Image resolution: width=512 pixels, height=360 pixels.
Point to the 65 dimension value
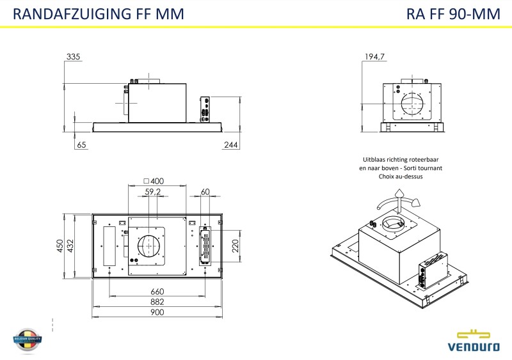[81, 146]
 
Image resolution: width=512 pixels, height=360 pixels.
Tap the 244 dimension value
[231, 146]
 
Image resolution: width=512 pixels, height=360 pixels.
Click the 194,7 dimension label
[374, 58]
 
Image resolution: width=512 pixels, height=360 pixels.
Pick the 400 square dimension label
[154, 182]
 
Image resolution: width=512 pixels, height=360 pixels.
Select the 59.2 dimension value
[153, 191]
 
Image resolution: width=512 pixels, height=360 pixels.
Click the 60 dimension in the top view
[205, 191]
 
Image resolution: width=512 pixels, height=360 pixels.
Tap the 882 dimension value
[157, 302]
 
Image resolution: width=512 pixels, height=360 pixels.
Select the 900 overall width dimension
[157, 313]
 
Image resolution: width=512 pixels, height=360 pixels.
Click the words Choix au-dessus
[401, 176]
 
